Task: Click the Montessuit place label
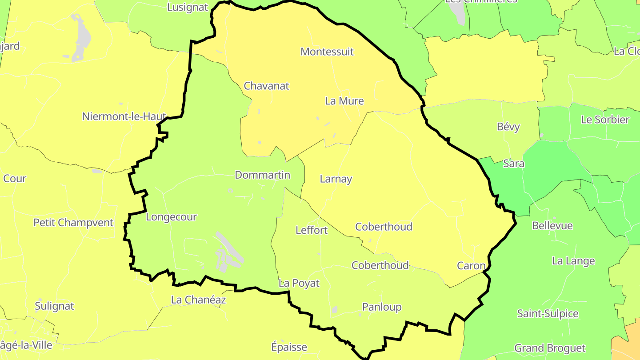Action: tap(327, 52)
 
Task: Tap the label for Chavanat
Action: tap(266, 86)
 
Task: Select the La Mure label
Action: tap(344, 101)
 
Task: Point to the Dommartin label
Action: tap(262, 175)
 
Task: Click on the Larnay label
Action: tap(336, 179)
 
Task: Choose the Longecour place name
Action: tap(171, 217)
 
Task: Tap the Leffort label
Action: tap(312, 230)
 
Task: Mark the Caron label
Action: tap(471, 266)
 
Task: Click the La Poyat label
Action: tap(299, 283)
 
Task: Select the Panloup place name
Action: tap(382, 307)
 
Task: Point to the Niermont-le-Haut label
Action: tap(124, 116)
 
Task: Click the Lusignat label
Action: tap(188, 8)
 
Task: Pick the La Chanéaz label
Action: tap(198, 300)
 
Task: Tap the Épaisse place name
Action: tap(289, 347)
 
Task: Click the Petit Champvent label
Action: tap(73, 222)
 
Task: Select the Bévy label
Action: tap(508, 127)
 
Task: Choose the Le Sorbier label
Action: tap(605, 120)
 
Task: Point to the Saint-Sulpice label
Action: tap(548, 314)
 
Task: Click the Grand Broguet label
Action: tap(550, 348)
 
